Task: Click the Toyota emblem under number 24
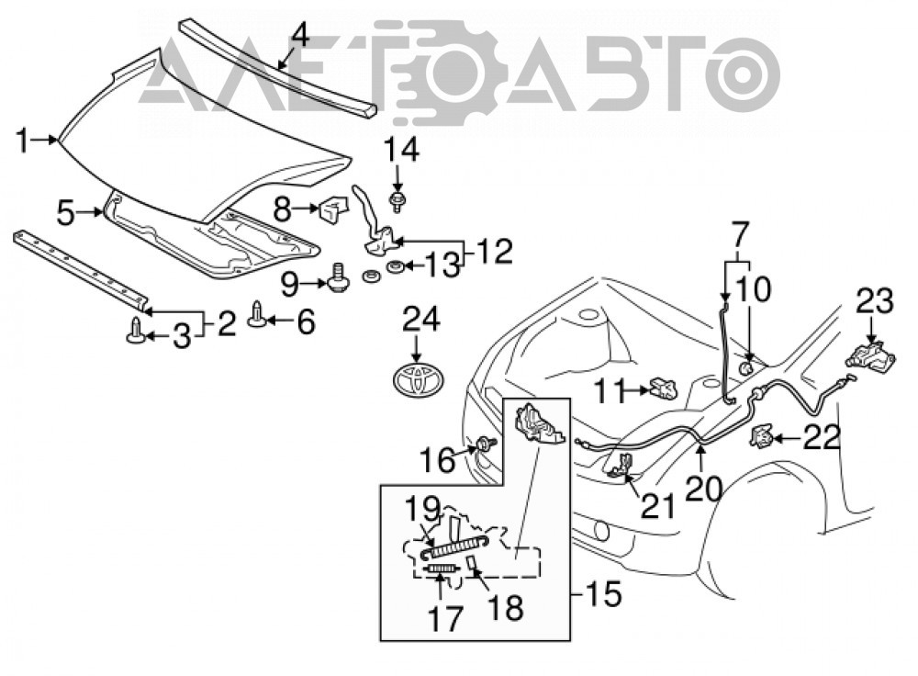coord(418,379)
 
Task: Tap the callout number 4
coord(299,36)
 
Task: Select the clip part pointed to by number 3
coord(135,330)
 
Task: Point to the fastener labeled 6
coord(257,314)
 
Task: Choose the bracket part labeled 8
coord(332,208)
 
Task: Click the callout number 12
coord(495,252)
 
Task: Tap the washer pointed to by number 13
coord(394,267)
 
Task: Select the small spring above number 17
coord(442,568)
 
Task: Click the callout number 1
coord(22,141)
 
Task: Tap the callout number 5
coord(66,213)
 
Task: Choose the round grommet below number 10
coord(746,367)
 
